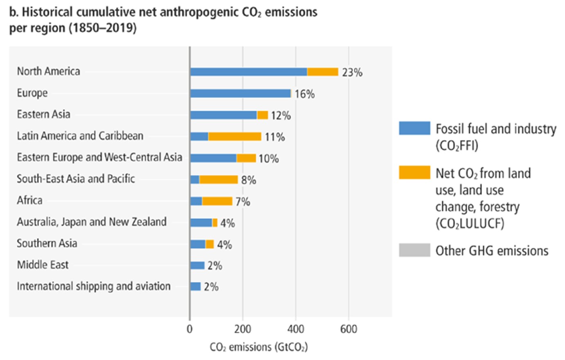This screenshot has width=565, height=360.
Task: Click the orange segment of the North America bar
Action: point(323,72)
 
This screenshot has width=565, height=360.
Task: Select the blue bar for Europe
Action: point(240,94)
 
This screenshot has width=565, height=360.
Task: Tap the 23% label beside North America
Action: point(352,72)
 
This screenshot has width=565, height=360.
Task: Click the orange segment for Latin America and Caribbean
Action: point(235,137)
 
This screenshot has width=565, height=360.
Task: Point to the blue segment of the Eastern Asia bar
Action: point(223,115)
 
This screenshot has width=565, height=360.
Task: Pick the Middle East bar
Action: point(197,265)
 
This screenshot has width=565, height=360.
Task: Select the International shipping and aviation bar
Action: point(196,287)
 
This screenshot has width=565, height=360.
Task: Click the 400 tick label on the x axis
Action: point(296,329)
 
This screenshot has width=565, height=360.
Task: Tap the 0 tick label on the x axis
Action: point(189,329)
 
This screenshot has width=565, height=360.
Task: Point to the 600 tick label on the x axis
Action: point(349,329)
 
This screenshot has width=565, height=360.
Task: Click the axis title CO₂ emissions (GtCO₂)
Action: point(259,347)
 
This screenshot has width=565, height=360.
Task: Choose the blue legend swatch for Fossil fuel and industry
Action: point(414,128)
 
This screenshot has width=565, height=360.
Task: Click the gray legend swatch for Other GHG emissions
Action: point(414,250)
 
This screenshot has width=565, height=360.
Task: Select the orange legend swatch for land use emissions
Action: point(414,172)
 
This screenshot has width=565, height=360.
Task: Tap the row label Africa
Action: point(29,200)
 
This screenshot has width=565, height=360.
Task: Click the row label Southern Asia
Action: point(47,243)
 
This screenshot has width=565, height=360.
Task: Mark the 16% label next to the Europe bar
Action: point(304,94)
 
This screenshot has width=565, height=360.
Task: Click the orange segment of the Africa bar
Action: point(217,201)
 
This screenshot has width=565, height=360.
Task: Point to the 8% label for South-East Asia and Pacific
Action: point(248,180)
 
